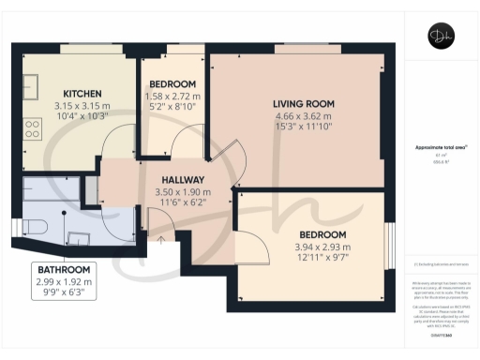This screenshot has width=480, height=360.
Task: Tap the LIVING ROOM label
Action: tap(304, 103)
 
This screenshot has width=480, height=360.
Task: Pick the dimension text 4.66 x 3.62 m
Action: tap(304, 115)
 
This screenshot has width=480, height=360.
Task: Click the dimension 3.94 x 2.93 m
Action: tap(322, 245)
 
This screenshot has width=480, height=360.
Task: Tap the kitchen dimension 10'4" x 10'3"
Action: tap(82, 116)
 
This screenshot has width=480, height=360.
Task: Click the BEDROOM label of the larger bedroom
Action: tap(322, 233)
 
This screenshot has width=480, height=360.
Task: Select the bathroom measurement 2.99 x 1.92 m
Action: tap(64, 281)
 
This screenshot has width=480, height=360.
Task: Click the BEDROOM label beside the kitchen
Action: tap(172, 84)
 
